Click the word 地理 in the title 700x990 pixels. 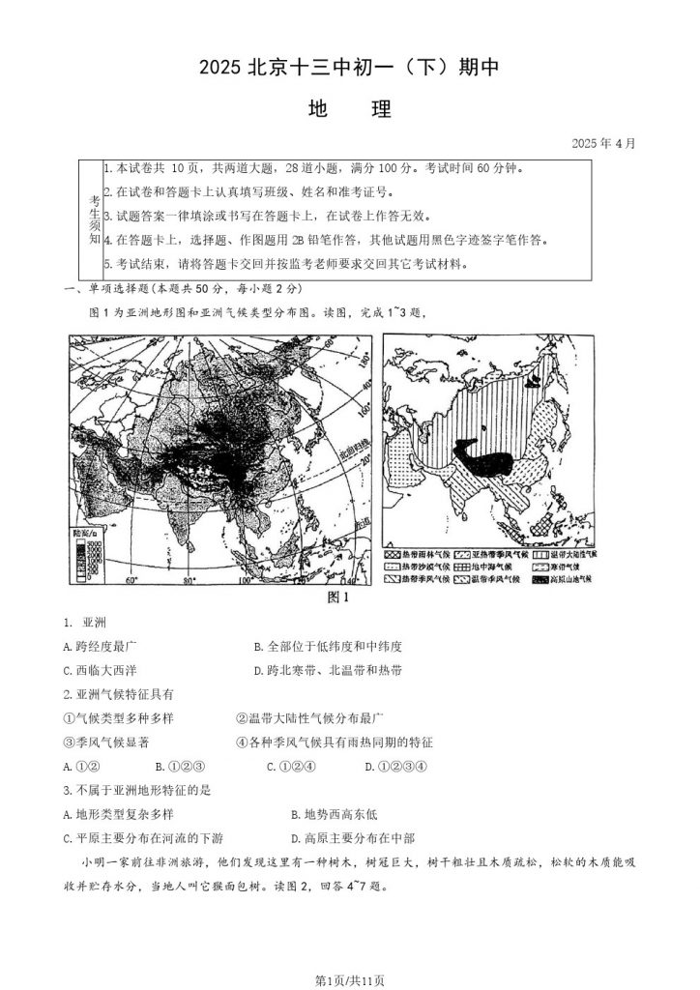pyautogui.click(x=349, y=109)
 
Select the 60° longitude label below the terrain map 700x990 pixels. pyautogui.click(x=131, y=581)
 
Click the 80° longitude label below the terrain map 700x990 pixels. pyautogui.click(x=190, y=581)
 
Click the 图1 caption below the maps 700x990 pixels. pyautogui.click(x=338, y=597)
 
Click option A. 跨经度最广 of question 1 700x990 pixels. pyautogui.click(x=105, y=646)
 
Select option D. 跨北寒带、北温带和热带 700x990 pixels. pyautogui.click(x=328, y=670)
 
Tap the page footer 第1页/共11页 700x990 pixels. pyautogui.click(x=349, y=979)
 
